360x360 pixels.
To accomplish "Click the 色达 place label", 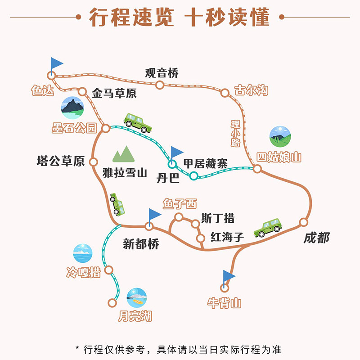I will click(x=42, y=90).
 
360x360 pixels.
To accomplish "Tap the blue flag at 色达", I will click(x=56, y=64).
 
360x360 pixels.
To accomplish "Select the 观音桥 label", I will click(x=162, y=73).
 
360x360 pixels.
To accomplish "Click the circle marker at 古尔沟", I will click(x=225, y=93).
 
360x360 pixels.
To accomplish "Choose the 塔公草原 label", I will click(x=61, y=162).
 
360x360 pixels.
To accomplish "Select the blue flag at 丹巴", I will click(x=176, y=153).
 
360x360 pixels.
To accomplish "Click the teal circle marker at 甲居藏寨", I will click(x=193, y=175).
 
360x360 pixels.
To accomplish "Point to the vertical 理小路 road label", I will click(x=235, y=133).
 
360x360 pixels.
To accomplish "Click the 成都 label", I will click(x=316, y=238).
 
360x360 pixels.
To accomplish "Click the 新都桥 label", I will click(x=141, y=243).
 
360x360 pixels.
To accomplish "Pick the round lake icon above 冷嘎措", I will click(x=83, y=253).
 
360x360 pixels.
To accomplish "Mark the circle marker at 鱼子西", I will click(x=179, y=217).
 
